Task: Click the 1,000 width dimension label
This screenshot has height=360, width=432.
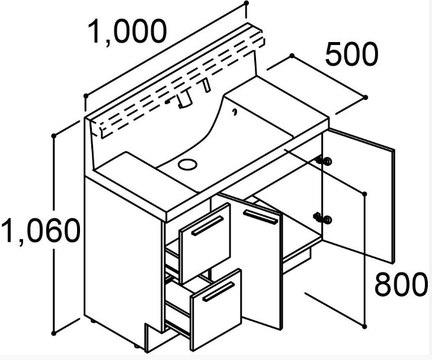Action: (x=127, y=33)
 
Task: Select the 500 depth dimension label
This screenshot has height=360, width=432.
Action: (x=351, y=55)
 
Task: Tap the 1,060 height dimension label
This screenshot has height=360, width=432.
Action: (x=40, y=230)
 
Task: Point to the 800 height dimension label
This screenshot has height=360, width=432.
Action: (x=401, y=285)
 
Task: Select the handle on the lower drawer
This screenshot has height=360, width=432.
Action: (x=219, y=292)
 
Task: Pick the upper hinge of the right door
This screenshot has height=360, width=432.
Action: (x=324, y=160)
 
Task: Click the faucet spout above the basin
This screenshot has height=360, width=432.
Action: (x=184, y=101)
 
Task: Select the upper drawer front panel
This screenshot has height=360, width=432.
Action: (x=205, y=243)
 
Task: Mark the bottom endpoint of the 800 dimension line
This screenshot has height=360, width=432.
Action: (x=363, y=324)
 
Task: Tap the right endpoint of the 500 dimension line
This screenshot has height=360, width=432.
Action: (x=366, y=97)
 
